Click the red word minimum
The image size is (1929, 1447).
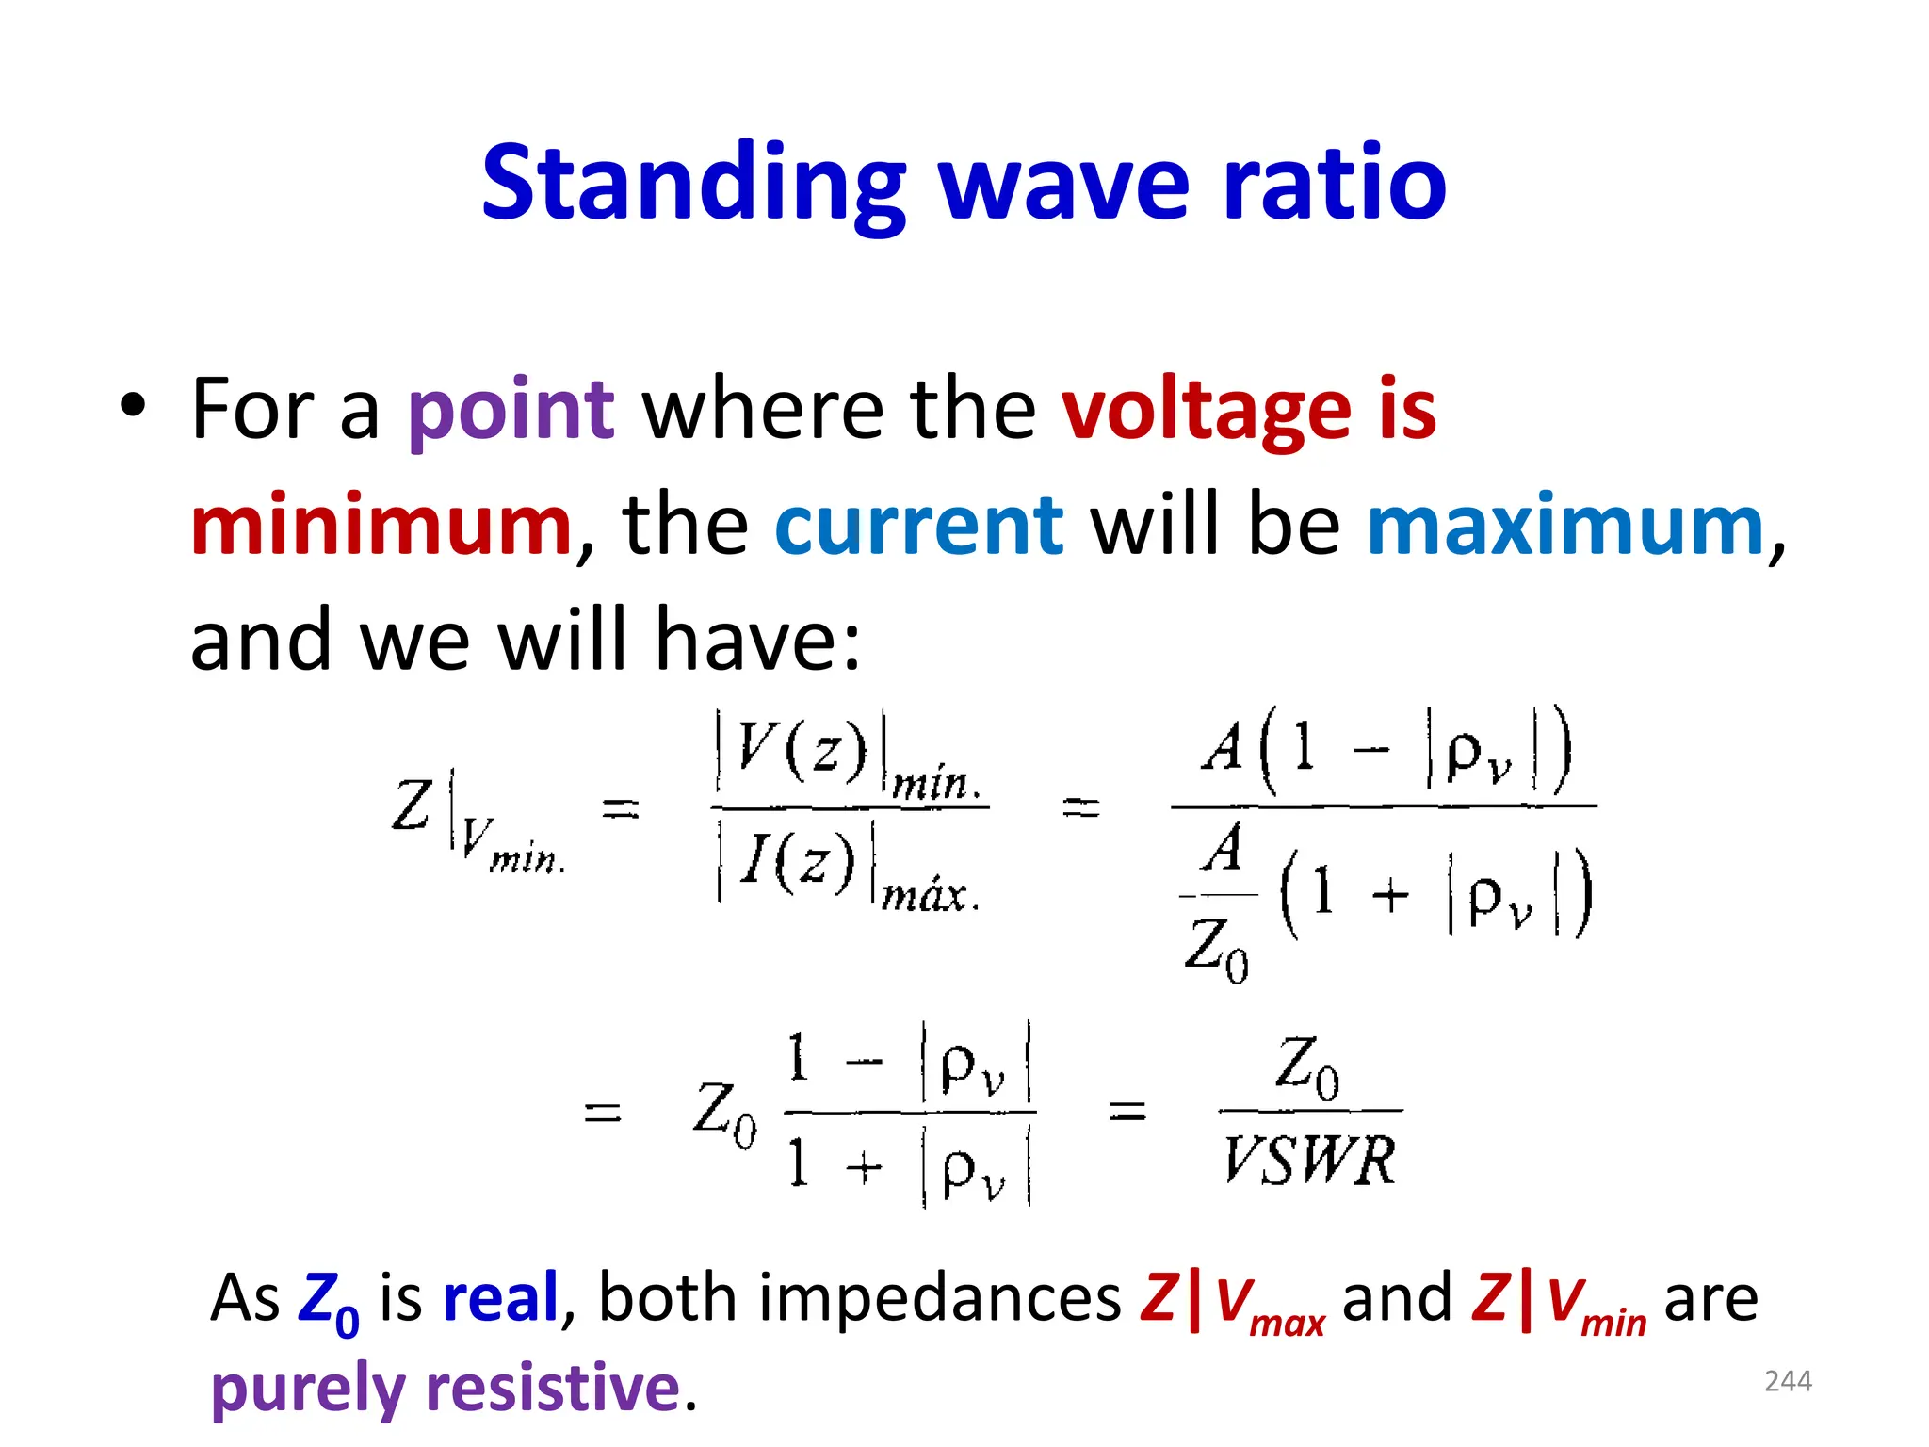tap(381, 525)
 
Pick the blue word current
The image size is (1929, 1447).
tap(918, 525)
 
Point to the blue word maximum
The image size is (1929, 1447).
tap(1565, 525)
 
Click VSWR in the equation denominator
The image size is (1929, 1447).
tap(1309, 1160)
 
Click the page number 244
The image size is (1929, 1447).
tap(1788, 1381)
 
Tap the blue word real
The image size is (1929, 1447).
tap(501, 1298)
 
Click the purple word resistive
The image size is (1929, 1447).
tap(553, 1389)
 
